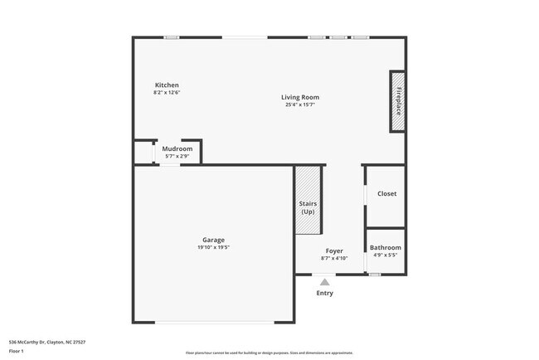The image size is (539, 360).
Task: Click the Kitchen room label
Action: click(167, 85)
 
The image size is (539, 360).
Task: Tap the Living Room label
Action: click(300, 97)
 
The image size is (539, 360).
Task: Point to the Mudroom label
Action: click(177, 148)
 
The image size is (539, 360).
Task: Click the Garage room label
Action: click(214, 240)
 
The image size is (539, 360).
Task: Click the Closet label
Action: click(386, 193)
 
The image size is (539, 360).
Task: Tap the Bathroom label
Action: click(386, 247)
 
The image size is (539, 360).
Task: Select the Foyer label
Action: click(334, 251)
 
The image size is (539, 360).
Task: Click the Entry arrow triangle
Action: click(325, 282)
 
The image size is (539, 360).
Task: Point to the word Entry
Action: click(325, 293)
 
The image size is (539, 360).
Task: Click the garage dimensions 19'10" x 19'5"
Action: click(214, 247)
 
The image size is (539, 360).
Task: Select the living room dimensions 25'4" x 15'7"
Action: click(300, 105)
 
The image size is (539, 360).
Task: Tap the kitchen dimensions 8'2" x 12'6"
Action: click(167, 93)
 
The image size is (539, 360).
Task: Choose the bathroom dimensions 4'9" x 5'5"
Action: click(386, 255)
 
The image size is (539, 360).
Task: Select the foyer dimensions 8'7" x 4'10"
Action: click(334, 258)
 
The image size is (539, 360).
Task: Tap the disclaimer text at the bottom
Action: click(269, 353)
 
